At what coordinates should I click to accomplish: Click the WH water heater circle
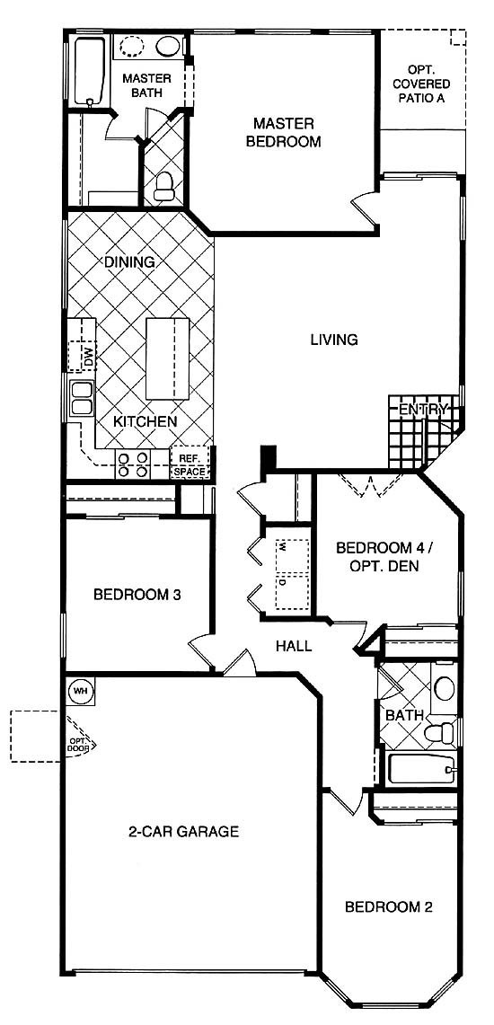80,690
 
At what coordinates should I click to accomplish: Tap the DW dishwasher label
88,357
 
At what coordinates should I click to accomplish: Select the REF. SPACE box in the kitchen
190,463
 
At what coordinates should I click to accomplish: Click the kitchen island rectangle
166,358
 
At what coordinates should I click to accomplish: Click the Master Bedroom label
284,132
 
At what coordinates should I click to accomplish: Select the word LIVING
334,340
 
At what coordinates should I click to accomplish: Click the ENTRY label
423,410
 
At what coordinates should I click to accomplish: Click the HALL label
294,646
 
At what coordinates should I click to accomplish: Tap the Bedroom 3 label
137,595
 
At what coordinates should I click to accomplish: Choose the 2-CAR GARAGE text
183,832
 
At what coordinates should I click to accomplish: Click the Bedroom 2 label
389,906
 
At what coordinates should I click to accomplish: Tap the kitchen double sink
81,398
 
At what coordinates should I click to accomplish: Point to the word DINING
129,262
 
